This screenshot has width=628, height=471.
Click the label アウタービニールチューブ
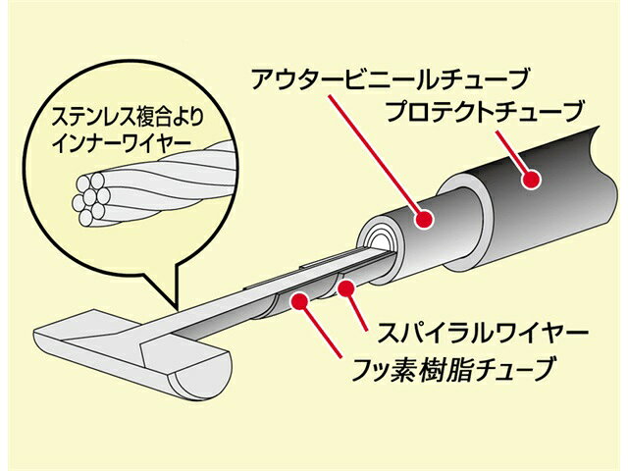pyautogui.click(x=389, y=79)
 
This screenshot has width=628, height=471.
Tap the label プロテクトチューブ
pyautogui.click(x=485, y=111)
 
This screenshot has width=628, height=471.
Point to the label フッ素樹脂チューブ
pyautogui.click(x=453, y=369)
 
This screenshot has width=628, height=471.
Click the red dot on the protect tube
pyautogui.click(x=532, y=180)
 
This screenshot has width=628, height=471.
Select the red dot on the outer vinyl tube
pyautogui.click(x=425, y=218)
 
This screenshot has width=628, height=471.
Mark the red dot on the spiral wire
pyautogui.click(x=345, y=289)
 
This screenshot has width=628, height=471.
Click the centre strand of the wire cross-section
pyautogui.click(x=91, y=196)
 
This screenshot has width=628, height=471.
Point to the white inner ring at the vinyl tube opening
pyautogui.click(x=376, y=241)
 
